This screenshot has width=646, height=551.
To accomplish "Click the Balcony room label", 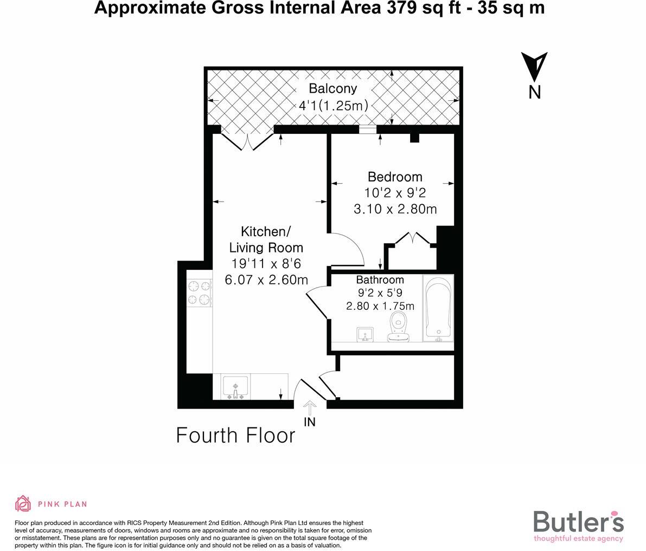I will click(x=333, y=89).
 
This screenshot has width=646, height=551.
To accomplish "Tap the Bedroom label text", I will click(x=395, y=177).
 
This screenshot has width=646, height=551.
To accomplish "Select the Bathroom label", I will click(x=380, y=280).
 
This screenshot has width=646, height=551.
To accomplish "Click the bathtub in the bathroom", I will click(x=438, y=308).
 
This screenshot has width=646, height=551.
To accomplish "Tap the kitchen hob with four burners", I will click(x=199, y=293).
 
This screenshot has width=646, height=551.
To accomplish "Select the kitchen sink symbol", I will click(x=235, y=387).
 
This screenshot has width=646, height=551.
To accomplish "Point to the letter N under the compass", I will click(x=535, y=92).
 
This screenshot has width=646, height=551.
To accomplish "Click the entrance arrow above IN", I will click(x=310, y=407).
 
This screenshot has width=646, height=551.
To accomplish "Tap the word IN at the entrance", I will click(x=310, y=422).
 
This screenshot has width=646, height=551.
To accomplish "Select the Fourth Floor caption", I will click(x=236, y=436).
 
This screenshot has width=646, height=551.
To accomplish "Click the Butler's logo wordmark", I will click(x=578, y=522).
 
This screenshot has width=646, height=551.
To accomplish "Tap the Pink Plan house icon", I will click(x=23, y=503).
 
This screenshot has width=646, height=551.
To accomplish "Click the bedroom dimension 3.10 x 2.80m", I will click(x=395, y=209).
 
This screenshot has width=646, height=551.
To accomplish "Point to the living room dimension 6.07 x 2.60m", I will click(x=266, y=280).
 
